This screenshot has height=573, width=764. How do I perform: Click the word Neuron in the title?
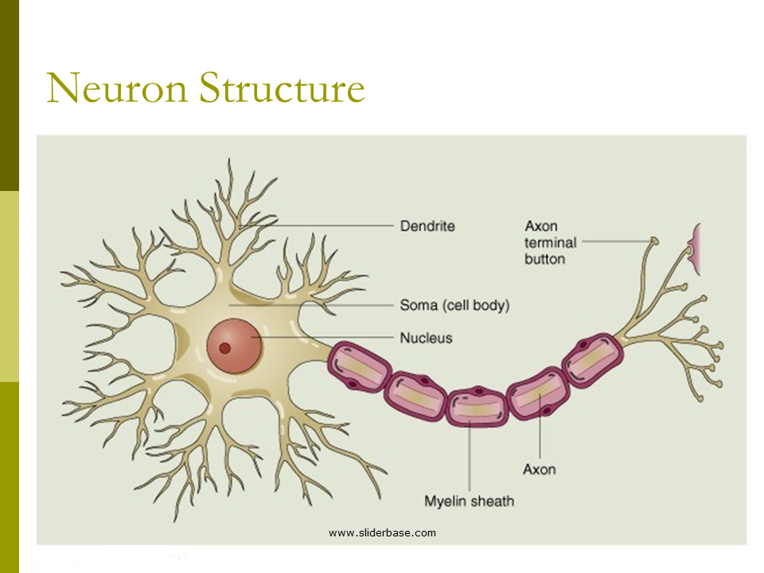pyautogui.click(x=116, y=88)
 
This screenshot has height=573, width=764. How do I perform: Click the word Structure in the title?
pyautogui.click(x=282, y=88)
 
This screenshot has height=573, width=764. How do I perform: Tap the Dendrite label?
pyautogui.click(x=427, y=226)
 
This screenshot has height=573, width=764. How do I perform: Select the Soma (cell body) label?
pyautogui.click(x=454, y=305)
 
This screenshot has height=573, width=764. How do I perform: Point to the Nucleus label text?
pyautogui.click(x=426, y=337)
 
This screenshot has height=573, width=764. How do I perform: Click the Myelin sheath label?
pyautogui.click(x=469, y=501)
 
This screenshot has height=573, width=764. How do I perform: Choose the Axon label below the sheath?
pyautogui.click(x=539, y=470)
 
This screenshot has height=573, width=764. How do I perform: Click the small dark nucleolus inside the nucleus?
pyautogui.click(x=225, y=347)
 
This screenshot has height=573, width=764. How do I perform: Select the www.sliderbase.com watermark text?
pyautogui.click(x=382, y=532)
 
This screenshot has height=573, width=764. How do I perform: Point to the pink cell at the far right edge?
pyautogui.click(x=696, y=249)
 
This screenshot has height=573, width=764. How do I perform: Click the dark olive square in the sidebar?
pyautogui.click(x=9, y=95)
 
